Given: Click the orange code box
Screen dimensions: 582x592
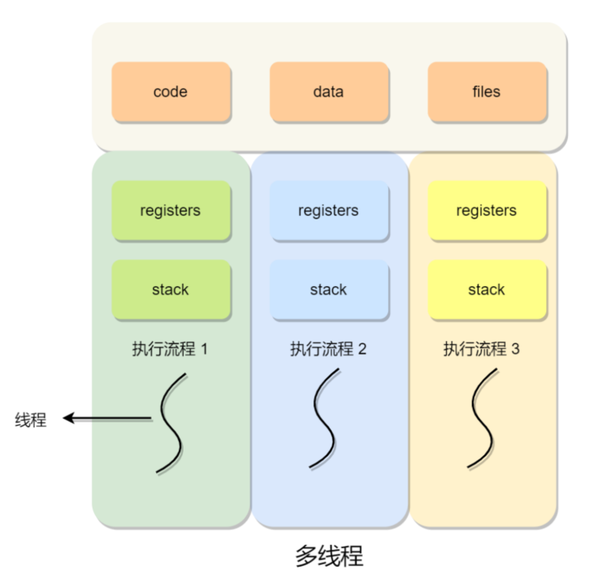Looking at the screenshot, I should [171, 92].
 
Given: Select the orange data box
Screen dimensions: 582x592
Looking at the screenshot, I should [329, 92].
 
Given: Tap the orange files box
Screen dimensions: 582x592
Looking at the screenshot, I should [486, 92].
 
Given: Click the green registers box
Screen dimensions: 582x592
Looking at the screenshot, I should [171, 210].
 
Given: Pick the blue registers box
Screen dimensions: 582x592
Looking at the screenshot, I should [329, 210].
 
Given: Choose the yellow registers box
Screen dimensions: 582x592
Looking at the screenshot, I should [486, 210].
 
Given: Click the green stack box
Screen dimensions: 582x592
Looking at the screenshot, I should [171, 289].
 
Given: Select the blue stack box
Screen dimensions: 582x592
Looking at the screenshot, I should [329, 289].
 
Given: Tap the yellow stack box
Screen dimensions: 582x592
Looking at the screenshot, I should [486, 289].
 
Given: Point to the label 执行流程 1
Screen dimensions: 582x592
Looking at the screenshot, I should [171, 349].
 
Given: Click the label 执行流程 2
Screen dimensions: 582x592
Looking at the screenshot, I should [329, 349].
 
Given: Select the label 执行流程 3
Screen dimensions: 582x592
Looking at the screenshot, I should [482, 349].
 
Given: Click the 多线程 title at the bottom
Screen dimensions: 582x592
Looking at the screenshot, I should [329, 556].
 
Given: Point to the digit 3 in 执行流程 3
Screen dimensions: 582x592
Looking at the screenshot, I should [515, 349].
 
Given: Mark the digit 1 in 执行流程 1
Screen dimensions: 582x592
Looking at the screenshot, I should [204, 349].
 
